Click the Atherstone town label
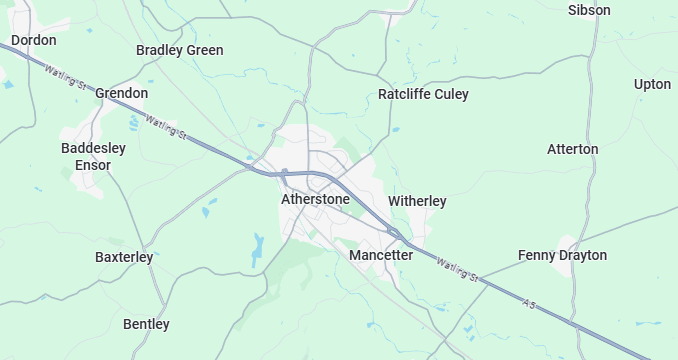(x=316, y=199)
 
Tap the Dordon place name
(x=33, y=40)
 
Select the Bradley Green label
(x=180, y=50)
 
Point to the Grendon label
(x=122, y=93)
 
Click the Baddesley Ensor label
(x=93, y=156)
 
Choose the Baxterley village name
(x=124, y=257)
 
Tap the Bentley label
(x=146, y=324)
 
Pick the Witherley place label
(x=417, y=201)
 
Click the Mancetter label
(x=381, y=255)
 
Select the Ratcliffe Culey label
(x=423, y=94)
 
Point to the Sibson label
(x=589, y=10)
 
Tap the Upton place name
(x=652, y=84)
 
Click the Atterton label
(x=573, y=149)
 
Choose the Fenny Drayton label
(x=562, y=255)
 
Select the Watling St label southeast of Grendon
(x=166, y=127)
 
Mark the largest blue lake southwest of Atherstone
(x=258, y=245)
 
